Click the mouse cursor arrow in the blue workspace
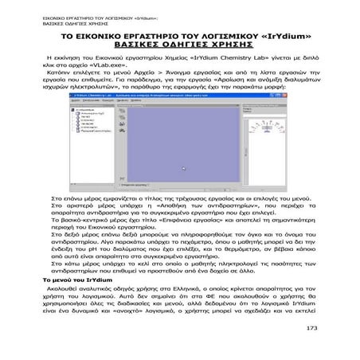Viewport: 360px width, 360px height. tap(183, 169)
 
